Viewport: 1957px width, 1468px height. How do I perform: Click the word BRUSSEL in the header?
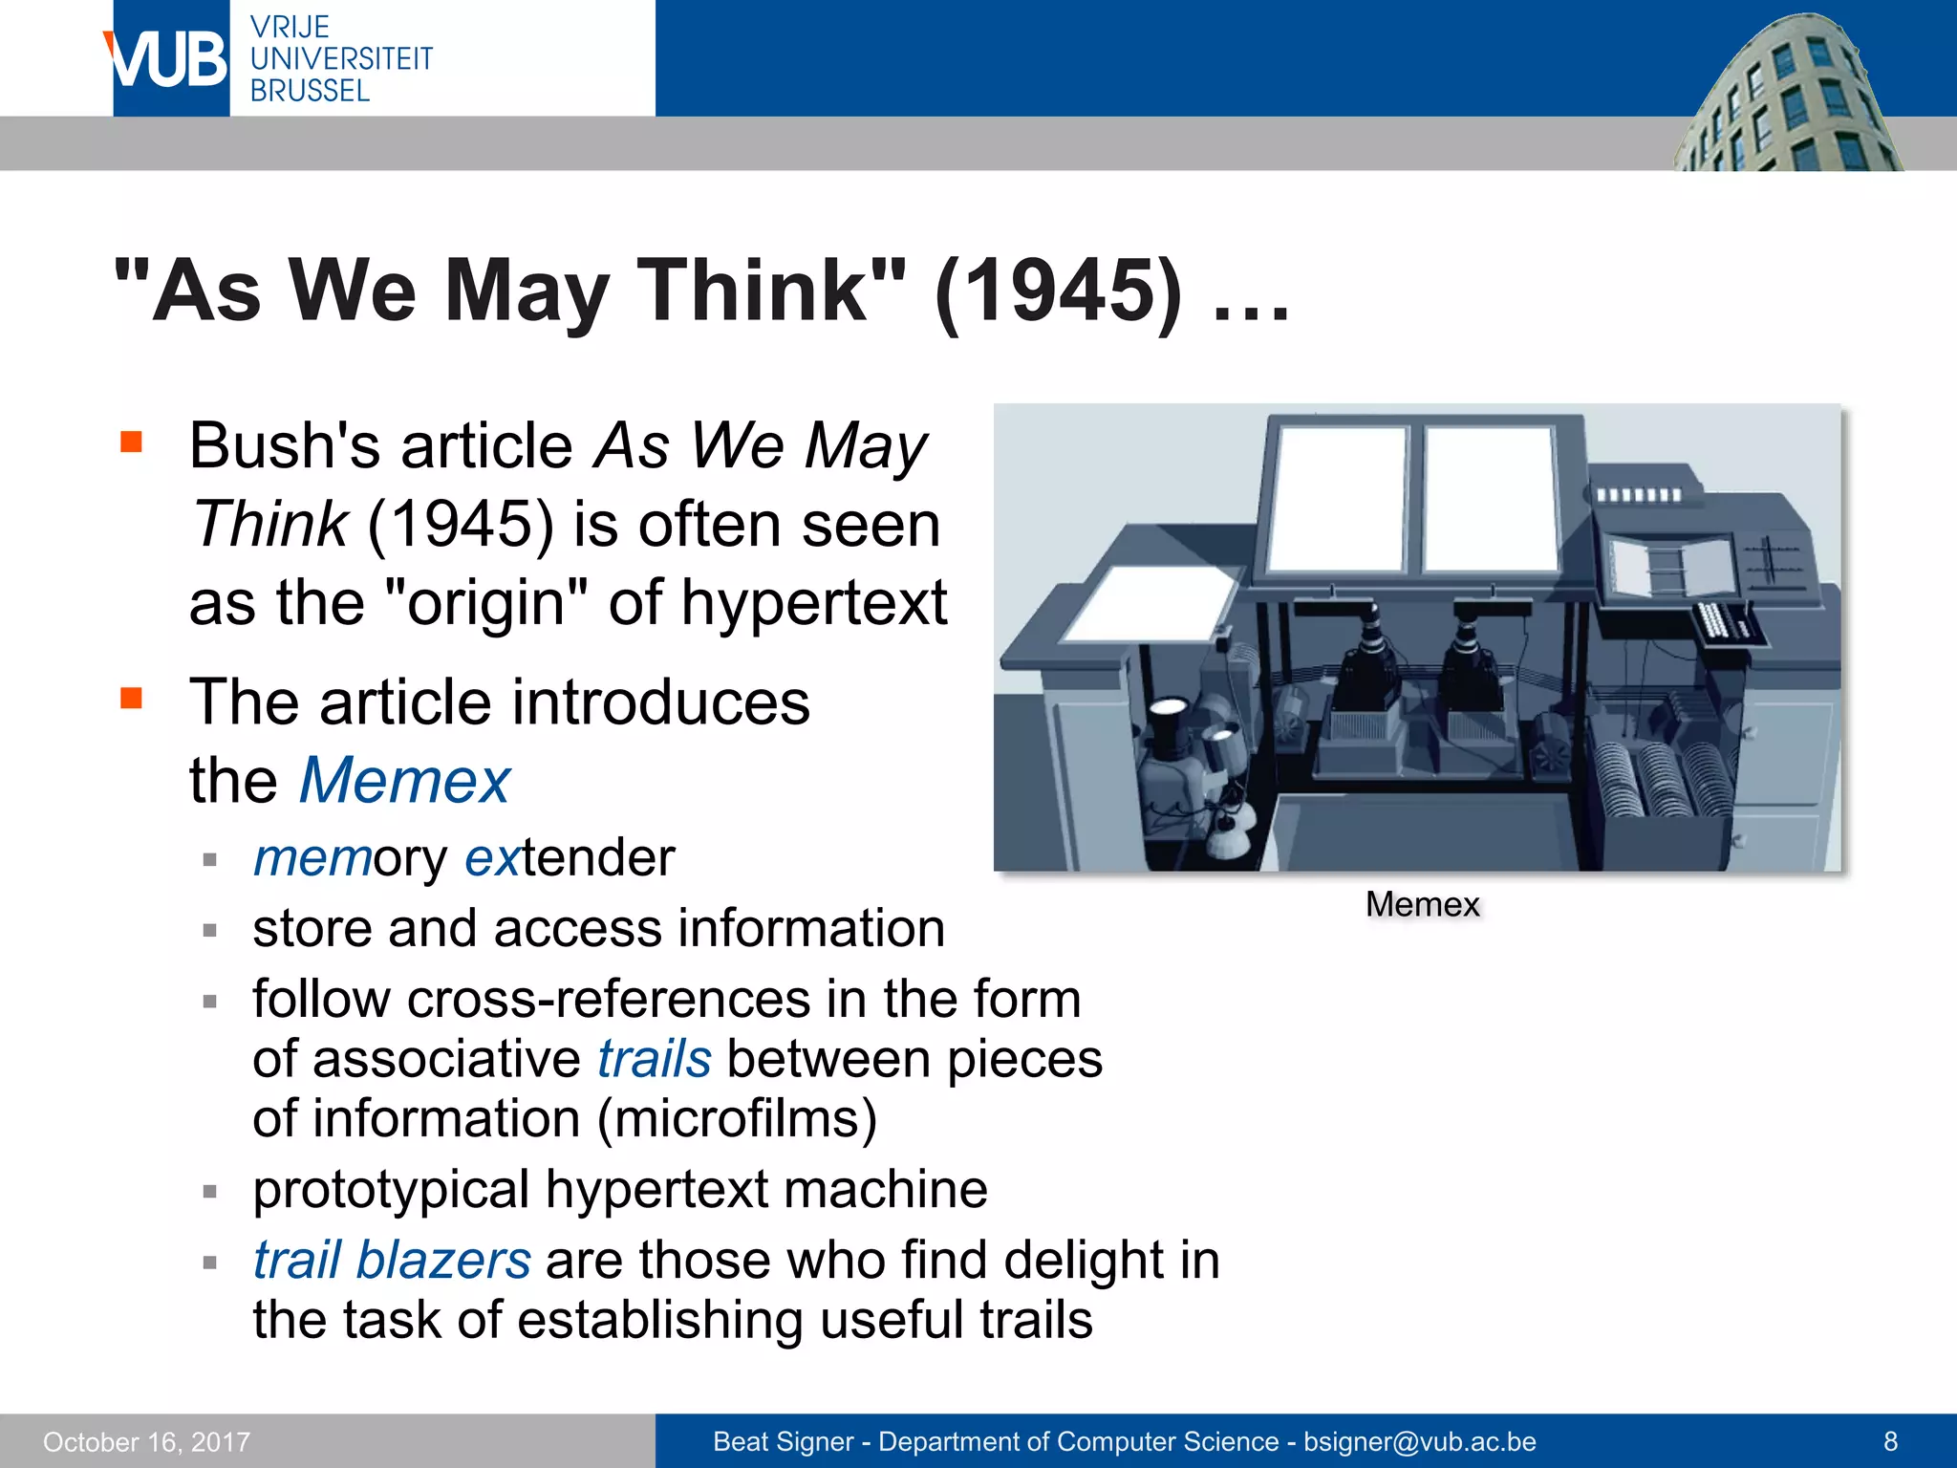[x=310, y=92]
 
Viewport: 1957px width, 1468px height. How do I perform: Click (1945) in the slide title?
[x=1058, y=291]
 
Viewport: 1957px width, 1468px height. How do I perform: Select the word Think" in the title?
[x=771, y=291]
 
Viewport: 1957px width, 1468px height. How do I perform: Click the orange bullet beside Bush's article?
[x=131, y=442]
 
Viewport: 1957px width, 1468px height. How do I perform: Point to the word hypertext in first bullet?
[x=813, y=603]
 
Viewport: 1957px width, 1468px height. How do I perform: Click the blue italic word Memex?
[x=404, y=781]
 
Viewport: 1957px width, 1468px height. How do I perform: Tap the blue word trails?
[x=655, y=1059]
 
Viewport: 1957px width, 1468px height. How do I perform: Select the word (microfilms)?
[x=737, y=1119]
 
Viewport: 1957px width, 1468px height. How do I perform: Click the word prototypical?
[x=391, y=1190]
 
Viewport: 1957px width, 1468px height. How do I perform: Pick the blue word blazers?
[x=443, y=1260]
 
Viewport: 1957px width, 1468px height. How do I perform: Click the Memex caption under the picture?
[x=1422, y=904]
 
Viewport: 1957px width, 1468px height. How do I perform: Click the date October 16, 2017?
[x=146, y=1442]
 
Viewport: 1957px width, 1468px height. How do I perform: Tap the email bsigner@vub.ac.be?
[x=1419, y=1442]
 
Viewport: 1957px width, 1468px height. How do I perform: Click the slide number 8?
[x=1890, y=1441]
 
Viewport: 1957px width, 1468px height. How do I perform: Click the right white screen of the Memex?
[x=1489, y=497]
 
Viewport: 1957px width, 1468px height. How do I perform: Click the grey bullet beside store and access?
[x=210, y=930]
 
